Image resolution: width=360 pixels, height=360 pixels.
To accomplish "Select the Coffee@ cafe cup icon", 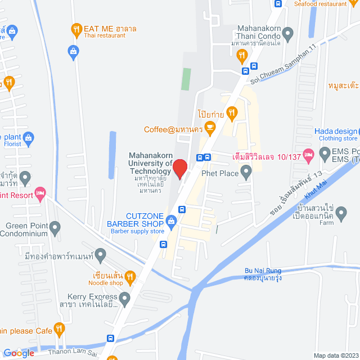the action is point(210,129).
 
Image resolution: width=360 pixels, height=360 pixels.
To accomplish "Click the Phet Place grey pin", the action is point(246,173).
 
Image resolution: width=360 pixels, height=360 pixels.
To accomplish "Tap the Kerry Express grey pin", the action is point(125,297).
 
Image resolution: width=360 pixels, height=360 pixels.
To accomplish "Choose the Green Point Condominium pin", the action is point(55,228).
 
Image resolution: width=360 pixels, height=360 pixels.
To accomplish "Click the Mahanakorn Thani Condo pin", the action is point(288,35).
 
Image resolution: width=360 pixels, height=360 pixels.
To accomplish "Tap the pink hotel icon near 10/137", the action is point(308,154).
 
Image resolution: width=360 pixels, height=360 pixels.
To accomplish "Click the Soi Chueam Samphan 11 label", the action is point(282,73).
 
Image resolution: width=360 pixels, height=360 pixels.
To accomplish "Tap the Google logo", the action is point(19,353).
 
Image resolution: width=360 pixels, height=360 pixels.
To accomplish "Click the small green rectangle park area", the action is point(186,80).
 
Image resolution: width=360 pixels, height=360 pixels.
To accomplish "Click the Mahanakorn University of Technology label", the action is point(150,163).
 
